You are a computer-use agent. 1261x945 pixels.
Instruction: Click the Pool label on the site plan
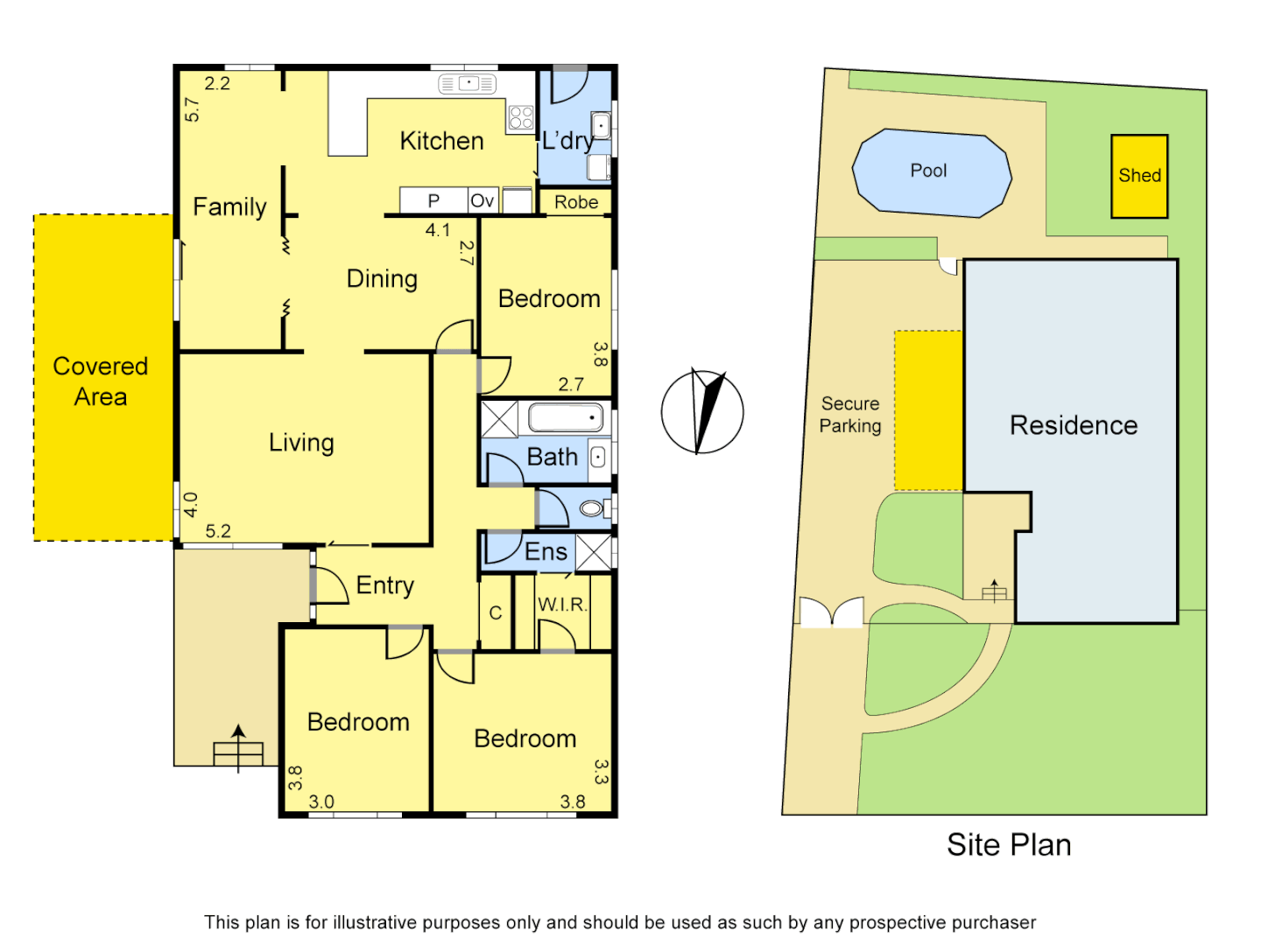pyautogui.click(x=928, y=171)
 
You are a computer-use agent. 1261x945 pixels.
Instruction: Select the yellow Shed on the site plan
pyautogui.click(x=1139, y=176)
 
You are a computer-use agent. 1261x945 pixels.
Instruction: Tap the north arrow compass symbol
pyautogui.click(x=702, y=411)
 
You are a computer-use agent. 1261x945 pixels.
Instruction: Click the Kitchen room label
pyautogui.click(x=441, y=141)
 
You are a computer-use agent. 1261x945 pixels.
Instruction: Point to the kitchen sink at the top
pyautogui.click(x=468, y=84)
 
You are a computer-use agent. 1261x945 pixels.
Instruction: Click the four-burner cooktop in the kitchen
pyautogui.click(x=521, y=117)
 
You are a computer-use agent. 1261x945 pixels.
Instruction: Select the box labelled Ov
pyautogui.click(x=483, y=201)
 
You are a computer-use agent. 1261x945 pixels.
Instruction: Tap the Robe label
pyautogui.click(x=576, y=202)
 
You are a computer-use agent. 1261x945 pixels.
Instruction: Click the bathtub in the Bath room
pyautogui.click(x=566, y=417)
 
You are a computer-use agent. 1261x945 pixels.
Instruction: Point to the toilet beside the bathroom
pyautogui.click(x=594, y=507)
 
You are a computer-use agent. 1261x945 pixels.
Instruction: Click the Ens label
pyautogui.click(x=546, y=551)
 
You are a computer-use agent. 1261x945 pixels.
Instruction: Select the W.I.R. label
pyautogui.click(x=562, y=605)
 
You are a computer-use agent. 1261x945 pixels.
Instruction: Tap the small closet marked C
pyautogui.click(x=496, y=612)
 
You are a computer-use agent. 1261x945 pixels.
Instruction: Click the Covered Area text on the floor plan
pyautogui.click(x=101, y=381)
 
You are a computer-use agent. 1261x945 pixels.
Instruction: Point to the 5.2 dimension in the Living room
pyautogui.click(x=218, y=531)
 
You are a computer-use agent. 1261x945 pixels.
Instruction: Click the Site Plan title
pyautogui.click(x=1009, y=844)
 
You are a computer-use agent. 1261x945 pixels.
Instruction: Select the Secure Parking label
pyautogui.click(x=850, y=415)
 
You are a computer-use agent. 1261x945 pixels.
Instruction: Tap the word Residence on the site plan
pyautogui.click(x=1074, y=425)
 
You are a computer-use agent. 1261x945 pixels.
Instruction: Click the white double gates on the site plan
pyautogui.click(x=832, y=612)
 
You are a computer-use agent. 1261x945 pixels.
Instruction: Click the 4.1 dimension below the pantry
pyautogui.click(x=438, y=230)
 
